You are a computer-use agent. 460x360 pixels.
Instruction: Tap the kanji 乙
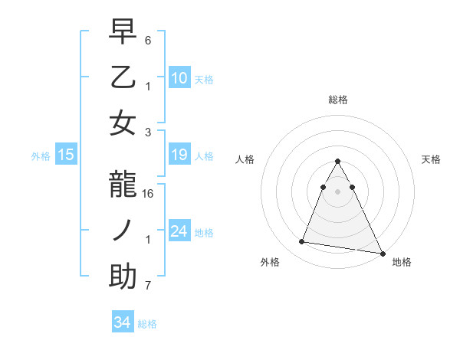[123, 77]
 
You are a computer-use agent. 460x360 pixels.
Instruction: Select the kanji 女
[123, 122]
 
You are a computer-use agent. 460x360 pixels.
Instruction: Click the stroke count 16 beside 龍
[149, 195]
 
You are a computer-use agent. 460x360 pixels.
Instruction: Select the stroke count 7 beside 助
[148, 286]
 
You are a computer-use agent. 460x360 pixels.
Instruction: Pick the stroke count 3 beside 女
[148, 131]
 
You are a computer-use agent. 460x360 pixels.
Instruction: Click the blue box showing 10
[179, 77]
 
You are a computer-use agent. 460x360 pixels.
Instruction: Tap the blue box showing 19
[179, 155]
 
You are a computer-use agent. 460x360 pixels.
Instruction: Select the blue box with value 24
[179, 231]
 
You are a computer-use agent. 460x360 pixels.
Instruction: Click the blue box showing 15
[66, 155]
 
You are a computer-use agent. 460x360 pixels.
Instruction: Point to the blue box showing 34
[122, 322]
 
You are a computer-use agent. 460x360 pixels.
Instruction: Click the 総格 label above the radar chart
[338, 100]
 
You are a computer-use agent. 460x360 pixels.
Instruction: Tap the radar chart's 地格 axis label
[402, 262]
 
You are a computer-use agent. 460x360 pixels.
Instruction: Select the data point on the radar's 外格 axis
[302, 242]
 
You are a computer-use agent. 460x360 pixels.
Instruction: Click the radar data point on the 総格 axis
[337, 162]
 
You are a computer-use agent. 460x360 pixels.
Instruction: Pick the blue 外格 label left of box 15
[41, 156]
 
